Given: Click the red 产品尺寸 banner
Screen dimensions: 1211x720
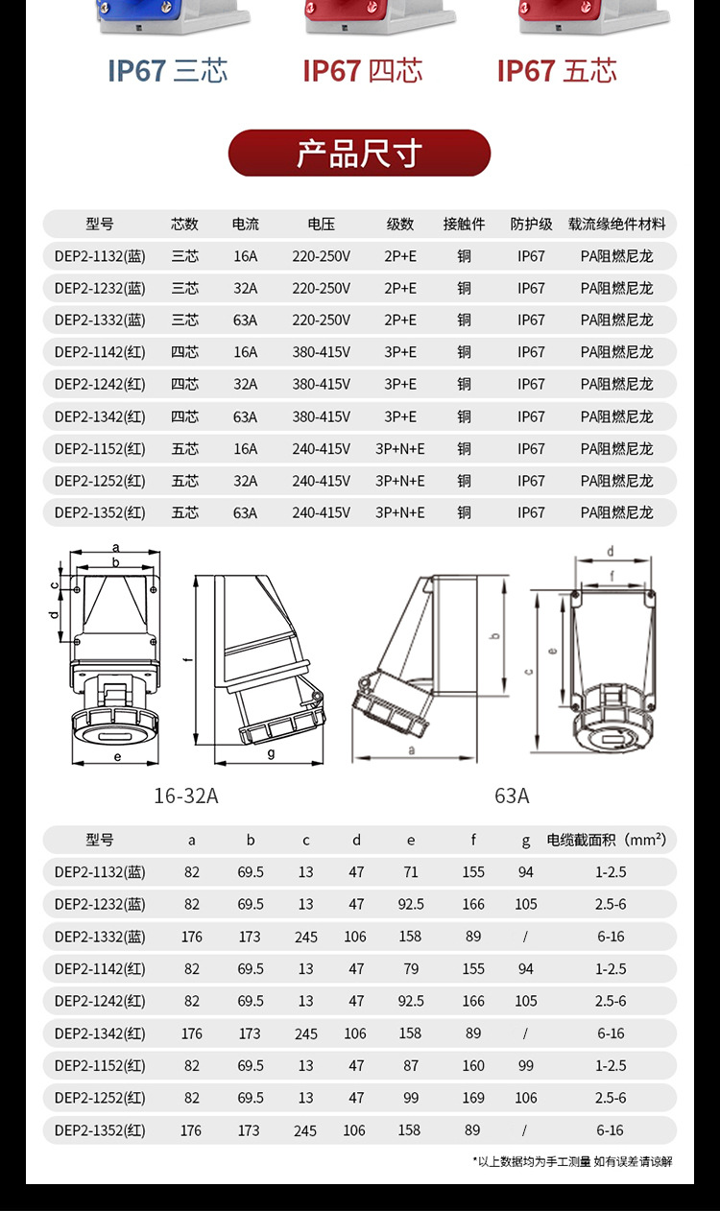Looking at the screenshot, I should click(x=359, y=154).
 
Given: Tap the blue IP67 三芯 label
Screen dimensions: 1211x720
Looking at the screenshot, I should click(x=167, y=71).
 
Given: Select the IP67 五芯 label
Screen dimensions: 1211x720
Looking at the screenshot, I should click(x=557, y=71).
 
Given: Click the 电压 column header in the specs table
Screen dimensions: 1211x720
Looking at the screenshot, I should click(x=321, y=225).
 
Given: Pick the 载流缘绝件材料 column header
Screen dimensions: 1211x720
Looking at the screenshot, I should click(x=616, y=225).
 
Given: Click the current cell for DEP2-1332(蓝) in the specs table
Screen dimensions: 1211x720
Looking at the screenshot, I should click(x=245, y=320).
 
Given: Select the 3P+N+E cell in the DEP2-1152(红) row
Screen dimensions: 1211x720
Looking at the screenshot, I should click(x=399, y=448).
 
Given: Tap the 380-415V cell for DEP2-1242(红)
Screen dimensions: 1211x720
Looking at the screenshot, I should click(x=321, y=384).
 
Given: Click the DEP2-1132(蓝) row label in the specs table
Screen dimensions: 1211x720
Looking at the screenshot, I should click(x=100, y=256).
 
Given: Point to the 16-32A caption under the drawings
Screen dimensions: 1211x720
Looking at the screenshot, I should click(x=186, y=795).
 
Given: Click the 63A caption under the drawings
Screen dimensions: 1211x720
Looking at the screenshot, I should click(x=512, y=795).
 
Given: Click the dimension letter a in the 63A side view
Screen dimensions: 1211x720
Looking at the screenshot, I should click(x=412, y=749).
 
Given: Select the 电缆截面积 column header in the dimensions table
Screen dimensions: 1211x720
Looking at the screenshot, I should click(x=606, y=840).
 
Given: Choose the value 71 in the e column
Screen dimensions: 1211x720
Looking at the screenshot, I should click(x=411, y=872).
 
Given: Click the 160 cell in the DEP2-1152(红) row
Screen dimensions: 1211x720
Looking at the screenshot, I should click(x=473, y=1065).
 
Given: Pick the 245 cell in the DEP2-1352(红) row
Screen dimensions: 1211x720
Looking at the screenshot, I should click(x=305, y=1130).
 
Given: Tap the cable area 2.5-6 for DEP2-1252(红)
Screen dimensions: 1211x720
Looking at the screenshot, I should click(x=611, y=1098).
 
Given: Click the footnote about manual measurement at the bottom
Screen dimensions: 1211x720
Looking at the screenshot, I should click(x=572, y=1161).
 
